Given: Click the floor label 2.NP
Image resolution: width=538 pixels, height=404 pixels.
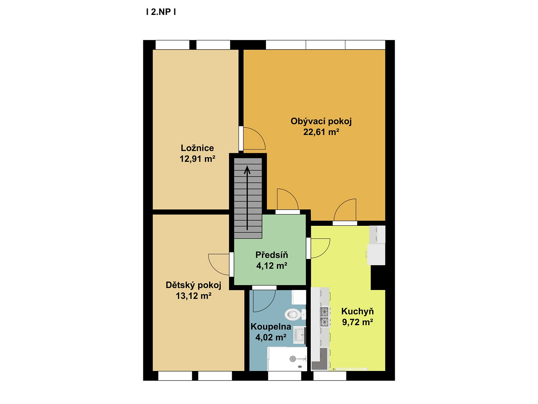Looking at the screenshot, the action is point(161,12).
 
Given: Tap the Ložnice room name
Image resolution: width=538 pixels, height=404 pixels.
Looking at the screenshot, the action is point(197,148).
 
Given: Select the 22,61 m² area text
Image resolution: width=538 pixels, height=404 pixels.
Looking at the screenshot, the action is point(321,132).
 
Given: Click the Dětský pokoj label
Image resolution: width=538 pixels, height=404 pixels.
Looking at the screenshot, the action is point(193,285).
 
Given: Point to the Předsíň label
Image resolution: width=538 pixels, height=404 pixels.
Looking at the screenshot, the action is point(272,255).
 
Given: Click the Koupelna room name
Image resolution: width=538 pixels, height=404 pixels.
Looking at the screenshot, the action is point(271,327).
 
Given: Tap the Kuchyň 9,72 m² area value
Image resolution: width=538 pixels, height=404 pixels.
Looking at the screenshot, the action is point(357,322).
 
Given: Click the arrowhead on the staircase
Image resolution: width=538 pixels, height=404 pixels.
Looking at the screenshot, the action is point(247,170).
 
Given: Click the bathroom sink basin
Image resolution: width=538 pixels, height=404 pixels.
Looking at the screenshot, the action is point(299,335).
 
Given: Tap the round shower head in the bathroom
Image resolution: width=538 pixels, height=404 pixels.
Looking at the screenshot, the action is point(292,359).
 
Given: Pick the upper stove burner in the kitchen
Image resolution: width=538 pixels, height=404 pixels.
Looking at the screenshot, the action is point(325,311).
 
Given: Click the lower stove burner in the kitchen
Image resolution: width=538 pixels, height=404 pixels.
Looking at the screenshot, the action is point(325,322).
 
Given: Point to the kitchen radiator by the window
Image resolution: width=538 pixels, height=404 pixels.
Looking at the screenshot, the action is point(350,369).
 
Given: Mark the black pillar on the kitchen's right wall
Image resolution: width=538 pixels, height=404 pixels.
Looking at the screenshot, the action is point(378,277).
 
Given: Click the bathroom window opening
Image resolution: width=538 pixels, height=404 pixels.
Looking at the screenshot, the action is point(285,376).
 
